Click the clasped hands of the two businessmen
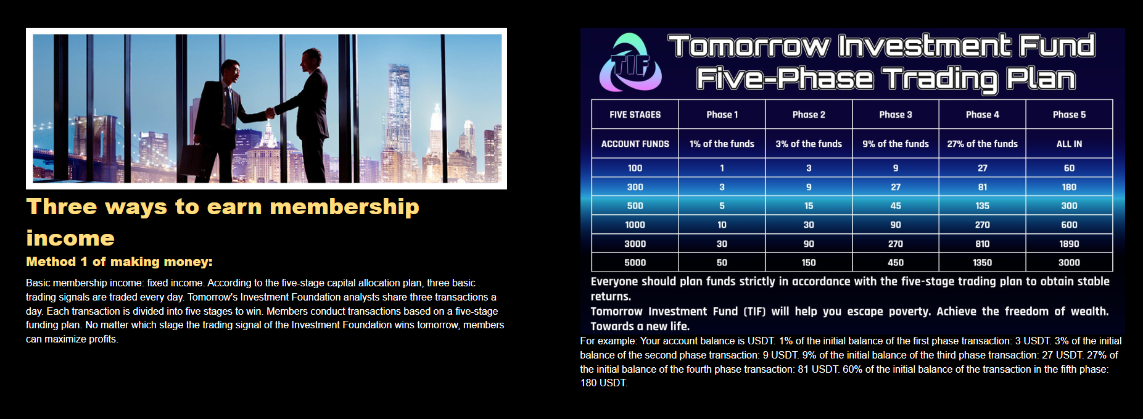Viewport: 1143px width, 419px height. click(270, 113)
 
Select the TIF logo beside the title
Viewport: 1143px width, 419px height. click(630, 62)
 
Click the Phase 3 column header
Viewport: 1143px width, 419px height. click(896, 114)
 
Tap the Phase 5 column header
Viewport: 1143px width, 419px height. click(1069, 114)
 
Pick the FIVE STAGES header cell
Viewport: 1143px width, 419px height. click(635, 114)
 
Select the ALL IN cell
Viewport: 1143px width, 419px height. click(1069, 144)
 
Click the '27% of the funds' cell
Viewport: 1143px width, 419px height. click(982, 144)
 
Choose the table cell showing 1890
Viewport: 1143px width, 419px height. click(1069, 244)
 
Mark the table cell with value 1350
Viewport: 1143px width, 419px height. click(982, 262)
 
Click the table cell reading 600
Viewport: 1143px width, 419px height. click(1069, 225)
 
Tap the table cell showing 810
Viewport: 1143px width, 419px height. click(982, 244)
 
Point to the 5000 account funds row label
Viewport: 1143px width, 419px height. click(635, 262)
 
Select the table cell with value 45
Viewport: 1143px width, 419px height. click(896, 205)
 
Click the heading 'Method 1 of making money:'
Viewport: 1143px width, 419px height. click(119, 262)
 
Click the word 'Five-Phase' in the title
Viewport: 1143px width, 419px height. click(785, 79)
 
